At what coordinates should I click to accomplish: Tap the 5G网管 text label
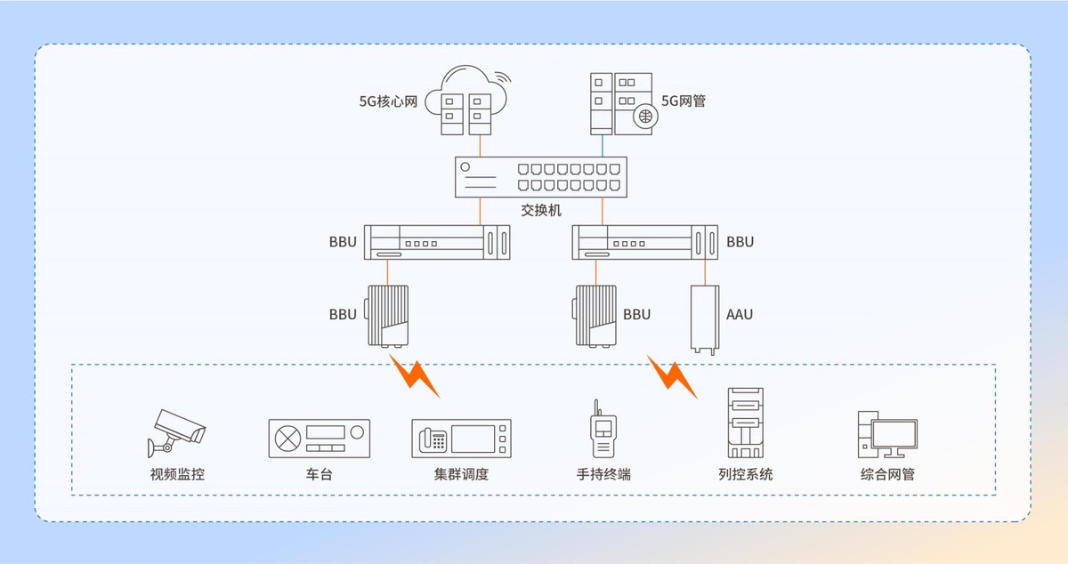[684, 101]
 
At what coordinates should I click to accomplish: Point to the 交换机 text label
[541, 211]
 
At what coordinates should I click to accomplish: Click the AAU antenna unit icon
[706, 318]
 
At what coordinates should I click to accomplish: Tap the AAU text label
[740, 314]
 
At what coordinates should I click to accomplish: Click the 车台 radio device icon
[319, 438]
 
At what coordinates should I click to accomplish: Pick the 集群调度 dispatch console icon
[461, 439]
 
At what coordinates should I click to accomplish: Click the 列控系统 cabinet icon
[746, 423]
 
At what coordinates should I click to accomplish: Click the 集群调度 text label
[461, 474]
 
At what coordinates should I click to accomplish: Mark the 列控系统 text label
[746, 474]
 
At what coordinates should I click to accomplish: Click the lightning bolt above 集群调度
[415, 376]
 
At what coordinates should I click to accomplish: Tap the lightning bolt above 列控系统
[673, 378]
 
